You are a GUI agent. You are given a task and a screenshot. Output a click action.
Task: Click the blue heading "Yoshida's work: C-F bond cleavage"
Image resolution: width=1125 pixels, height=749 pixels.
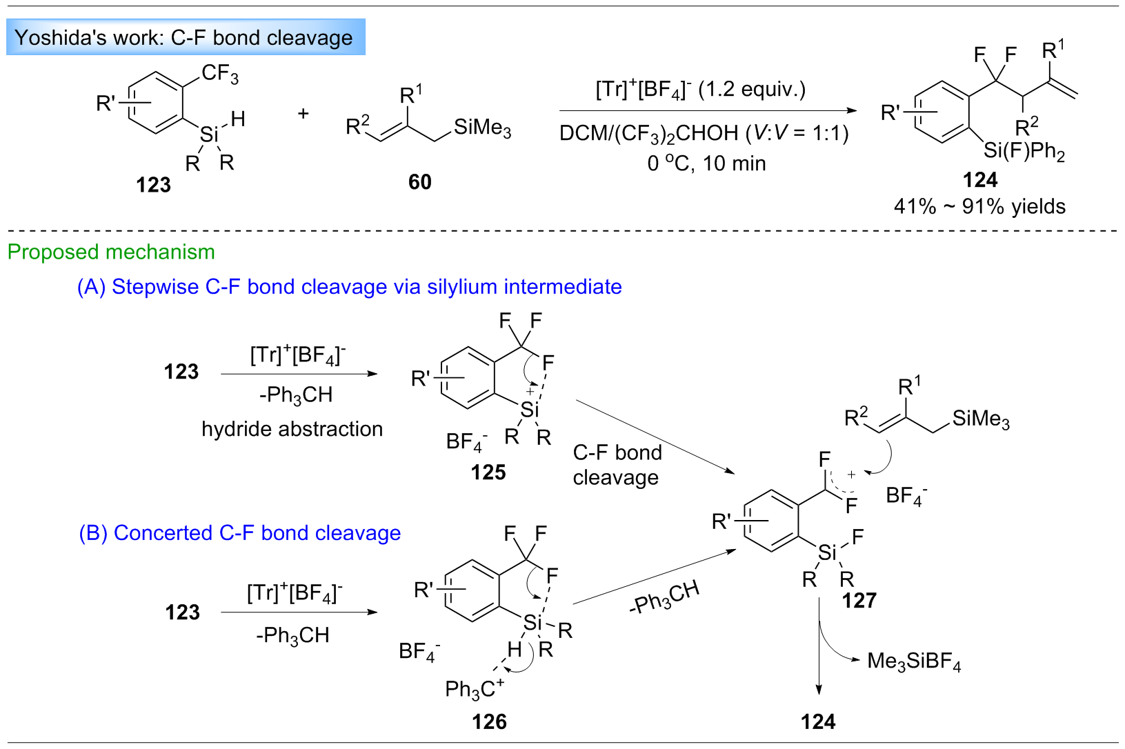(183, 37)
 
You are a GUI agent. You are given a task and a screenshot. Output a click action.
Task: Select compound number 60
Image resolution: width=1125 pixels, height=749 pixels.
(419, 182)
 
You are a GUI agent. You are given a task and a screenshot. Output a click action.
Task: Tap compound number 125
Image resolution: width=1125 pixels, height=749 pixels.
(488, 472)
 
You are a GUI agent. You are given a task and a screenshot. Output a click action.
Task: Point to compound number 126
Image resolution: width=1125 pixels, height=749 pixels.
(489, 722)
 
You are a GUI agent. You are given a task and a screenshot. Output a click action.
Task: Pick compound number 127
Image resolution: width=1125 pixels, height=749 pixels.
(859, 601)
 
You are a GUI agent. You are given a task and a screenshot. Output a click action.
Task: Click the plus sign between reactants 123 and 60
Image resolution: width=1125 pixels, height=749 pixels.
(303, 114)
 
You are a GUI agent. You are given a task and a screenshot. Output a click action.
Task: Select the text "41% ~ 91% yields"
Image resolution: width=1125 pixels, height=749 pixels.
(979, 206)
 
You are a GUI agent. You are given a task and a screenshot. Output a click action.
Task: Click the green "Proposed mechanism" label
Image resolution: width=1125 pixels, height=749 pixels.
(111, 252)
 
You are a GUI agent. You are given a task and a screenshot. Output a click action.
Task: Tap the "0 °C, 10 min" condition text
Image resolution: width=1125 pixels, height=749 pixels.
(706, 163)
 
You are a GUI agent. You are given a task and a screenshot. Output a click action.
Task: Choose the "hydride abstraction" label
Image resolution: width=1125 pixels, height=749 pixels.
(292, 429)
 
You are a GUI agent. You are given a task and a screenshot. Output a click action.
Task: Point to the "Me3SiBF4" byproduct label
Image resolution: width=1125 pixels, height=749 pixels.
(913, 661)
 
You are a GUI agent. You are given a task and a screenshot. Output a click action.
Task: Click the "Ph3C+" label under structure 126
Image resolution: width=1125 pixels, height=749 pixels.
(475, 688)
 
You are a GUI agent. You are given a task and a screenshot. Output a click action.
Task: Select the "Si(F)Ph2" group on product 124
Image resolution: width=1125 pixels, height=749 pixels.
(1024, 150)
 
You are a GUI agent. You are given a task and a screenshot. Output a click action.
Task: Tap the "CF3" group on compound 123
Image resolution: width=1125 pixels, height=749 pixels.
(220, 74)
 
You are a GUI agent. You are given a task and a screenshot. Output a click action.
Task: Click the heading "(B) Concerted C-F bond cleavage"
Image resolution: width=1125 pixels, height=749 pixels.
(240, 533)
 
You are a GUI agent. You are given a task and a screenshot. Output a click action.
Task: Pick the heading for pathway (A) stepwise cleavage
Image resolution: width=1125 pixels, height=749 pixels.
(349, 286)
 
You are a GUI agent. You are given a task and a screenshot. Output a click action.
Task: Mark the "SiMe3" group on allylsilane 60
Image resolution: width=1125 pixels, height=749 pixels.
(482, 128)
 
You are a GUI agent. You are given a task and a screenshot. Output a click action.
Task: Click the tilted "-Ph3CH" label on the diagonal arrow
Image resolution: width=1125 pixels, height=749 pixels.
(664, 597)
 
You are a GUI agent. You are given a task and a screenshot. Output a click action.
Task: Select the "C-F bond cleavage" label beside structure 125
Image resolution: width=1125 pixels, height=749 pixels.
(617, 465)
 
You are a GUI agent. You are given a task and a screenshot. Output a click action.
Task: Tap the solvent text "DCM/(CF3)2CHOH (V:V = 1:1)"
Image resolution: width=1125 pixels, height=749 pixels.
(704, 132)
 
